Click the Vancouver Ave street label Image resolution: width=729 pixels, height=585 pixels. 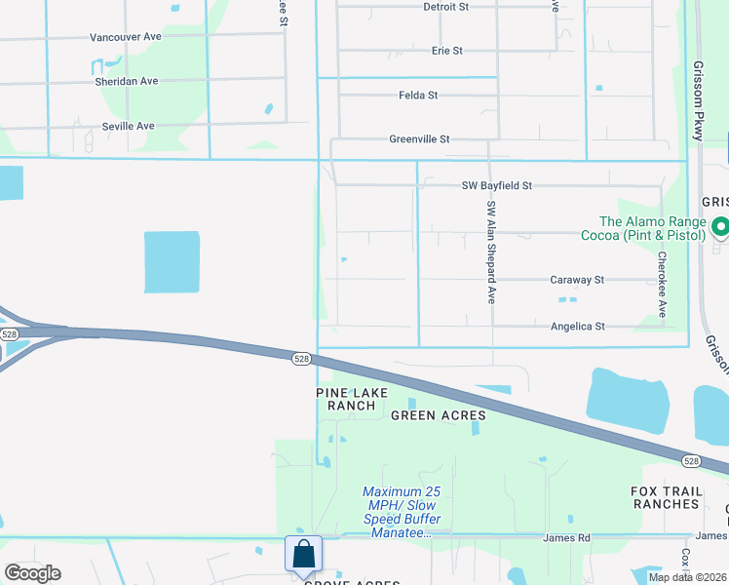click(x=125, y=37)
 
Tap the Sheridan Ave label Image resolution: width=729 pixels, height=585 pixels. click(x=127, y=82)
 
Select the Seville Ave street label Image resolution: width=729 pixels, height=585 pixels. click(x=128, y=127)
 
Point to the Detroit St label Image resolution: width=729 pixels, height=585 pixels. click(x=445, y=7)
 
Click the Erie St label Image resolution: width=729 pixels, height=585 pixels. click(x=446, y=51)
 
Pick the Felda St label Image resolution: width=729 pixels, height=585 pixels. click(x=418, y=96)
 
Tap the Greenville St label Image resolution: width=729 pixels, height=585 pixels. click(x=419, y=139)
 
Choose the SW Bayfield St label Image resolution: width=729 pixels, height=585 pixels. click(x=497, y=185)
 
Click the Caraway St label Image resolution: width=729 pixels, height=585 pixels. click(x=577, y=280)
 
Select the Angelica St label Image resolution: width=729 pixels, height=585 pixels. click(x=578, y=327)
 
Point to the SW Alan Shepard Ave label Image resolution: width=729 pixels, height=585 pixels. click(x=492, y=252)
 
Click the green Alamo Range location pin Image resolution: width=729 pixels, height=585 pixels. click(x=720, y=228)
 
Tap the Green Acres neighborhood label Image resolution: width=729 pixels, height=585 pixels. click(x=438, y=416)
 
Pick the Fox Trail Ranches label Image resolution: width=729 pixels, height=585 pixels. click(x=666, y=497)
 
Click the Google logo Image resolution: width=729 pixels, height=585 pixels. click(x=32, y=573)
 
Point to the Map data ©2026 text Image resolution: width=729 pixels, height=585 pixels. click(x=688, y=577)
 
